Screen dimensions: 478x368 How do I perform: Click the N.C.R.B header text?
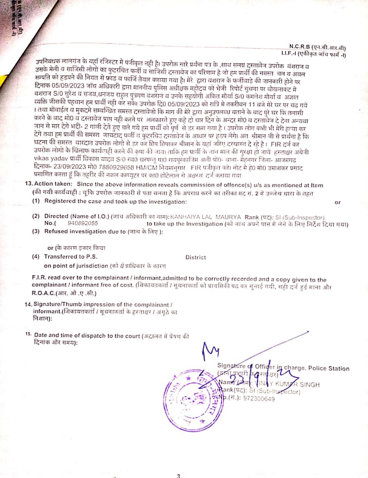(x=297, y=47)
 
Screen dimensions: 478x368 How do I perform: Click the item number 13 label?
(x=28, y=184)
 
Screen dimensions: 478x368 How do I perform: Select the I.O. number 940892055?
(x=83, y=223)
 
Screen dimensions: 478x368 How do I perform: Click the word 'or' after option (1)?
(x=337, y=202)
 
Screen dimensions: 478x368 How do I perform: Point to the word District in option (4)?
(x=195, y=257)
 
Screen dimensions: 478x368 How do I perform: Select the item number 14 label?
(x=28, y=304)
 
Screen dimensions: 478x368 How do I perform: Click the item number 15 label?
(x=28, y=335)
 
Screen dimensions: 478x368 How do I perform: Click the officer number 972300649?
(x=259, y=399)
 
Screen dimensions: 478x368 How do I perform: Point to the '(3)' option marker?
(x=36, y=231)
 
